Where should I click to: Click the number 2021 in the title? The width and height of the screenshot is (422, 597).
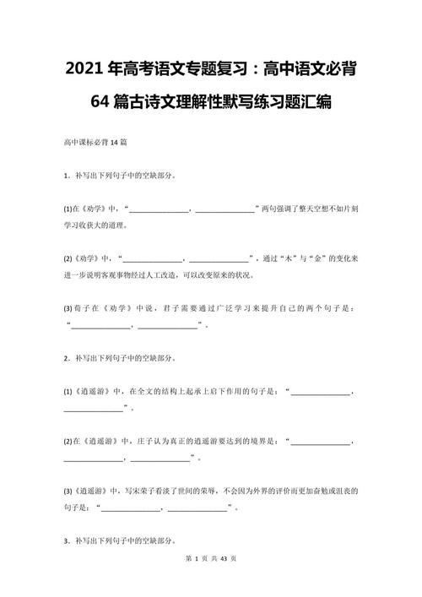coord(82,69)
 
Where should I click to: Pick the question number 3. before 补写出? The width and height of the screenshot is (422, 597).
coord(66,540)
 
